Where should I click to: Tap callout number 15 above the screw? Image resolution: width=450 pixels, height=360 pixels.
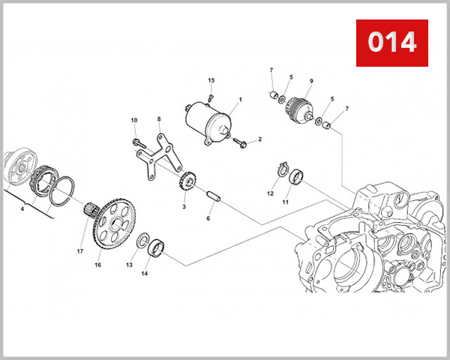tap(211, 80)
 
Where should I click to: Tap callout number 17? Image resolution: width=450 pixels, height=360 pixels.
tap(80, 251)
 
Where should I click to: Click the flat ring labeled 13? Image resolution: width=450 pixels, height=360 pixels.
tap(141, 241)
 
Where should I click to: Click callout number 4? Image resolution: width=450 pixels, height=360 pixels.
tap(22, 208)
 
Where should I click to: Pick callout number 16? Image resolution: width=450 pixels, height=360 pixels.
tap(97, 265)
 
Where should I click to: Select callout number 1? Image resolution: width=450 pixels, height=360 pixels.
tap(240, 100)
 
